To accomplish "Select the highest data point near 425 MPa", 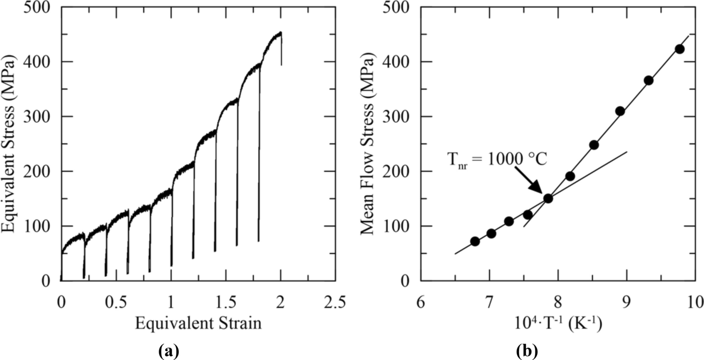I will [679, 49].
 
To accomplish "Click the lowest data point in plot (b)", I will [475, 241].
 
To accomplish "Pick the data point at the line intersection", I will [548, 198].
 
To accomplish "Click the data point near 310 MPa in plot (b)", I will [620, 111].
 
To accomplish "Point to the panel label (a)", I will [169, 350].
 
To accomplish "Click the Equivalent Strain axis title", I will [198, 323].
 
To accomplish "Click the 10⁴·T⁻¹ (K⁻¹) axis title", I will [557, 323].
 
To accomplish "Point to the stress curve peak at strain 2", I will [280, 32].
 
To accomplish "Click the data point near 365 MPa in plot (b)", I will [649, 80].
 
